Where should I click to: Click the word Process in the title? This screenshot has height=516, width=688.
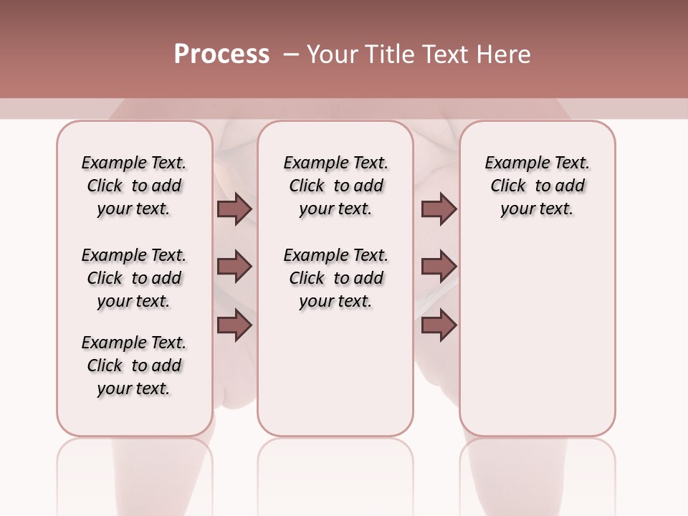(x=221, y=54)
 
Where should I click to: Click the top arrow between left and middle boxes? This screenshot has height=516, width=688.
(x=234, y=209)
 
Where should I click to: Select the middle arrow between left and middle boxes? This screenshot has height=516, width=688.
(x=234, y=267)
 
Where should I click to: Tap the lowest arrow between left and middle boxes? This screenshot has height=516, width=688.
(x=234, y=325)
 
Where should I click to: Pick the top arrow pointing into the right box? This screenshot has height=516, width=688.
(x=439, y=209)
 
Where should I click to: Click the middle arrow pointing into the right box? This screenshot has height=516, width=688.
(x=439, y=267)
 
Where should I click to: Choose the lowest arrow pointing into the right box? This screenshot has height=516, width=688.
(x=439, y=325)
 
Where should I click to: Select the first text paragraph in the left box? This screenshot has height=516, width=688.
(x=134, y=186)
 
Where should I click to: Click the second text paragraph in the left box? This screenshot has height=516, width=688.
(x=134, y=278)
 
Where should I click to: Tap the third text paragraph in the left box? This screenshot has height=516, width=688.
(x=134, y=365)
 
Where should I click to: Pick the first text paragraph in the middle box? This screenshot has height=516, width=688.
(x=335, y=186)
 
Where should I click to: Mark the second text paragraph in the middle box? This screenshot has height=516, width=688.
(x=335, y=278)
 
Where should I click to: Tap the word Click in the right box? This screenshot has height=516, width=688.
(x=508, y=186)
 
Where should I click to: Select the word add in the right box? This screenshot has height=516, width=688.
(x=570, y=186)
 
